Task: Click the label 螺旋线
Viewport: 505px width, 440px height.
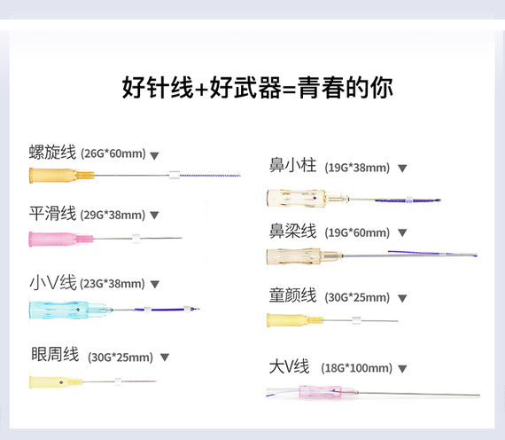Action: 52,153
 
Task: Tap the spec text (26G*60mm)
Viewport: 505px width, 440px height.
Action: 113,153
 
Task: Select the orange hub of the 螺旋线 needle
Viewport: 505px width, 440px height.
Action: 61,176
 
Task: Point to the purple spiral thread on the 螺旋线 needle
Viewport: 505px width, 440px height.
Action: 210,176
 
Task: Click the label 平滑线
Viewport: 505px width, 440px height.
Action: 52,214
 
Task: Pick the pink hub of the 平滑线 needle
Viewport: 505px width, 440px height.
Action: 61,239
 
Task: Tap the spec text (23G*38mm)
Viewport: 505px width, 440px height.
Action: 113,284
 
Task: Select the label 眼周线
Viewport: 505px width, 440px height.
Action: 55,354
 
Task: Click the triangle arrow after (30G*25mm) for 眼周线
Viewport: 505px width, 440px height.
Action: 165,357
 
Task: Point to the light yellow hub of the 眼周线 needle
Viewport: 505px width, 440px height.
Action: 56,382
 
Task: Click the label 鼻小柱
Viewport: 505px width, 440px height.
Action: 292,165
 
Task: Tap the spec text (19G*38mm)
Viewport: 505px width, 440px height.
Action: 357,168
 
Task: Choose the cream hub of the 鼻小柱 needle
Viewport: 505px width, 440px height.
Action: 306,198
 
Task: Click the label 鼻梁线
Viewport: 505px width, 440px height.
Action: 292,231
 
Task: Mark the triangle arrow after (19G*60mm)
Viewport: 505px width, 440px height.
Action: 402,232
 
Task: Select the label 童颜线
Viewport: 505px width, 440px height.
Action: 292,295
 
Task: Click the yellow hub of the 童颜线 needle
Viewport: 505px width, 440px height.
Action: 294,320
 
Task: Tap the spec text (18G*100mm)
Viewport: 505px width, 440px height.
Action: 356,368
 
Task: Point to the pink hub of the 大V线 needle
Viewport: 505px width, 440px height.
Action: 328,391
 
